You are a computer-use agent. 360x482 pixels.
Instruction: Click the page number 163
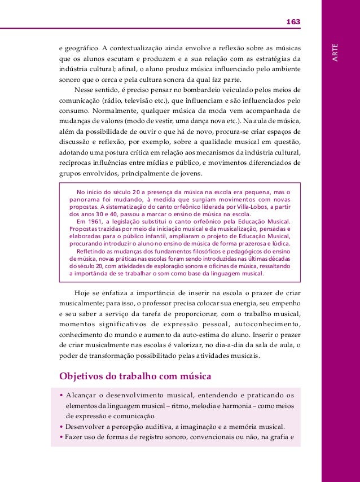293,21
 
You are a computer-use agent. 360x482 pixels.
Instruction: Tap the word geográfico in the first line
82,46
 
